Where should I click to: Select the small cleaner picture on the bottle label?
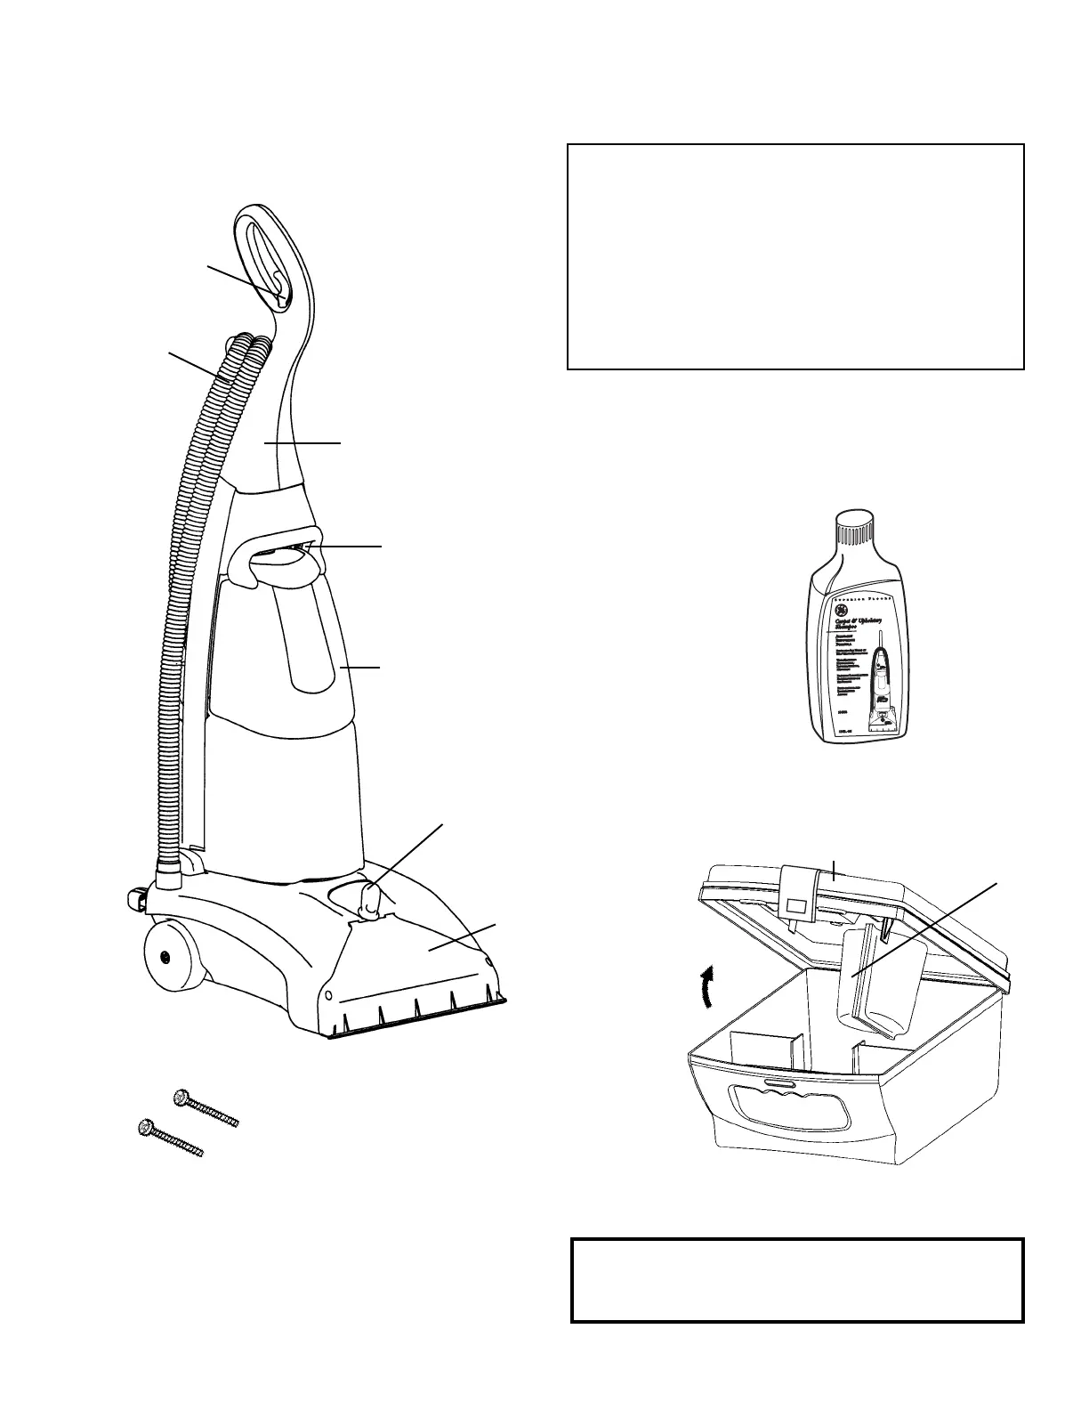pyautogui.click(x=885, y=685)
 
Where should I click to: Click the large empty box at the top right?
pyautogui.click(x=795, y=256)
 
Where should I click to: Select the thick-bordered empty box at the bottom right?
pyautogui.click(x=797, y=1279)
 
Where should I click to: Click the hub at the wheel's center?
pyautogui.click(x=165, y=957)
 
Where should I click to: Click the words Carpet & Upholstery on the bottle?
pyautogui.click(x=854, y=622)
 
